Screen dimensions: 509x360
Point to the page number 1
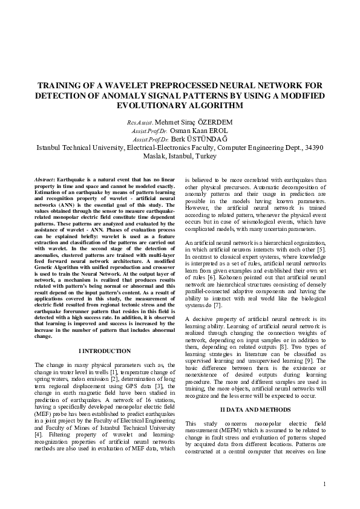tap(324, 483)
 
